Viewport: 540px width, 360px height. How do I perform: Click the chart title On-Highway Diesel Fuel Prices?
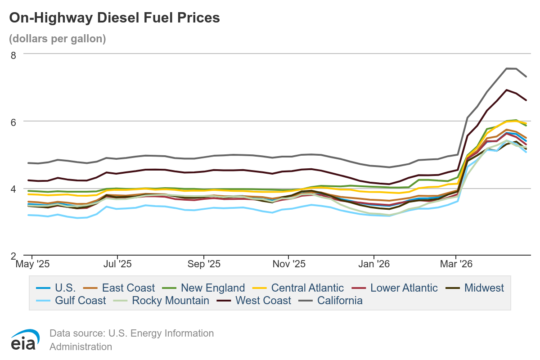(x=115, y=18)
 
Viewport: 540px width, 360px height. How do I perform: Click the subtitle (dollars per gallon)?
(x=58, y=39)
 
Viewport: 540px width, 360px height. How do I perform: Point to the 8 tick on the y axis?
(x=13, y=54)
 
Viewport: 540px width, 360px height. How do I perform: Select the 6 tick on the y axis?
(x=13, y=121)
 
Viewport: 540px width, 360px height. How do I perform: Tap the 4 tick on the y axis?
(x=13, y=189)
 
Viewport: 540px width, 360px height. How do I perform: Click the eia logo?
(x=23, y=340)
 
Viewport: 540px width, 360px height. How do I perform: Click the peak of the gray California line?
(x=507, y=68)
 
